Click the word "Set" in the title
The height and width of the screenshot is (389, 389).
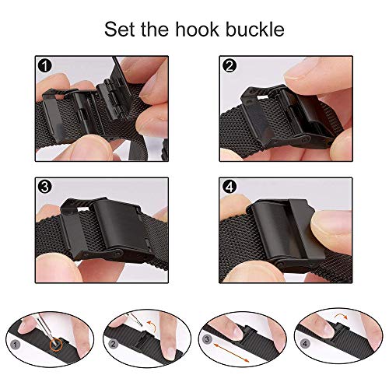click(x=120, y=29)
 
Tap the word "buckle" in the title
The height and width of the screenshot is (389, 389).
click(x=255, y=29)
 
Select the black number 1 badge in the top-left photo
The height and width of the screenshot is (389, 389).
click(x=45, y=66)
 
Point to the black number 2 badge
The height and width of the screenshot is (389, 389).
click(x=230, y=65)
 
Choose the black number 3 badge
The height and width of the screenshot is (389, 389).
click(x=44, y=187)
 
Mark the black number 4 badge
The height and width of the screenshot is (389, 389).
click(x=230, y=187)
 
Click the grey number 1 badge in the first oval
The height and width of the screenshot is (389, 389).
click(x=15, y=345)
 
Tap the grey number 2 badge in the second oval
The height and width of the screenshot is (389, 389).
click(x=113, y=344)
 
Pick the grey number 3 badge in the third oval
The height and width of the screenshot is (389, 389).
click(x=207, y=339)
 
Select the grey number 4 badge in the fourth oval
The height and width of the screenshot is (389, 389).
click(x=305, y=344)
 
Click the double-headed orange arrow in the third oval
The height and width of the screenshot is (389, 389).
click(x=231, y=352)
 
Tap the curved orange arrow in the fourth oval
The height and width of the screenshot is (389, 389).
click(x=341, y=315)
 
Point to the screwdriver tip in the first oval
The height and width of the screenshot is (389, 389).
click(x=54, y=342)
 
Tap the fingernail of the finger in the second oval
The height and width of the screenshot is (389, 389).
click(x=170, y=352)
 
